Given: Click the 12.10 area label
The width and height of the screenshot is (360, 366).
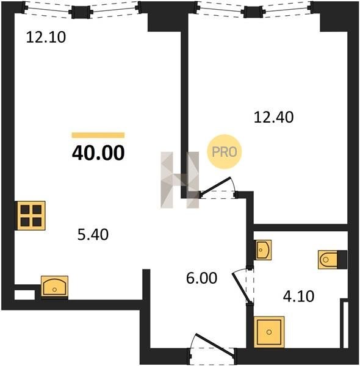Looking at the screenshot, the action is coord(46,37).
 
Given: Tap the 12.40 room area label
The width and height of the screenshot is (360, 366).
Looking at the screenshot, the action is coord(273,117).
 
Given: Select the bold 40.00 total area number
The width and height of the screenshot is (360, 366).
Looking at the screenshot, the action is coord(98,153).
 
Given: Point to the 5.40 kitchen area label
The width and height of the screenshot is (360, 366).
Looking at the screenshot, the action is coord(93,235).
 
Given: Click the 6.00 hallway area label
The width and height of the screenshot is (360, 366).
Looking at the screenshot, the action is coord(202,278).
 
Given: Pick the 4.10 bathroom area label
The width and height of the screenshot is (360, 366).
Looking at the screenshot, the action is coord(298,296).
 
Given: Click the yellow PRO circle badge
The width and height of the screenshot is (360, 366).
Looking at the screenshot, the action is coord(225,152).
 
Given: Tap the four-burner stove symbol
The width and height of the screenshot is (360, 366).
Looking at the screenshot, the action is coord(31,216).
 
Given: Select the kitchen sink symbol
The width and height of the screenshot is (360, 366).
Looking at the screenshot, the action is coord(55,287).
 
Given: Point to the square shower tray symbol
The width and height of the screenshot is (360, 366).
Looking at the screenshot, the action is coord(269,332).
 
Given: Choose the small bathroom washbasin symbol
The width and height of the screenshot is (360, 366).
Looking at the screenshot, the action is coord(263,249).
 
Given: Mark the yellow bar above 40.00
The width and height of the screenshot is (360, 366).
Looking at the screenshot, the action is coord(98,135).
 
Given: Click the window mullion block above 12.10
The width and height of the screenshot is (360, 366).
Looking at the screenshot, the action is coord(81,12).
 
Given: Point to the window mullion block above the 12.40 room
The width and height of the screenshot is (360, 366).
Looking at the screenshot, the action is coord(253,12).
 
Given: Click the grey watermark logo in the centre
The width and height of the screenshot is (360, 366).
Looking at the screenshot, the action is coord(180,180).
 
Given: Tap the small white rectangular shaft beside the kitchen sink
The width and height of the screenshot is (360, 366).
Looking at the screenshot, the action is coord(24,295).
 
